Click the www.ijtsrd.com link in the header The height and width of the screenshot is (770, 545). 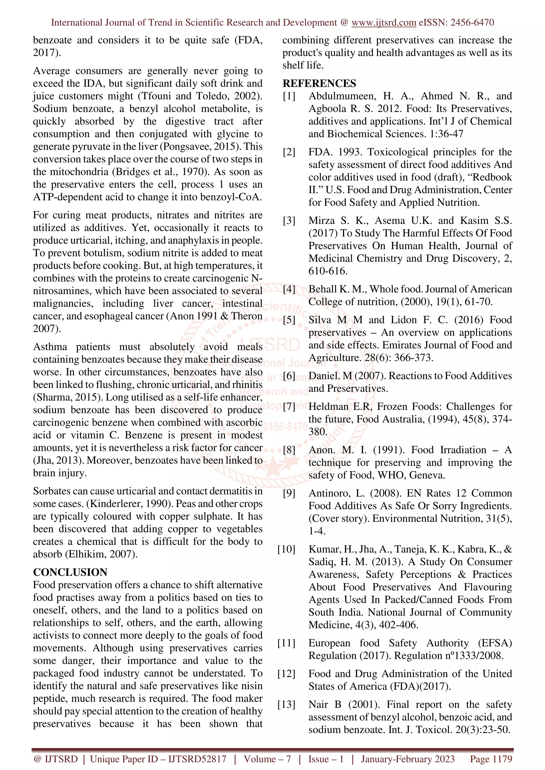383,23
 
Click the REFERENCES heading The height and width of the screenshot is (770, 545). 319,83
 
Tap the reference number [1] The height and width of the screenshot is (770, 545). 289,96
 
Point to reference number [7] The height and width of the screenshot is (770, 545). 289,407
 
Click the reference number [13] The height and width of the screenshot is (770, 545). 286,705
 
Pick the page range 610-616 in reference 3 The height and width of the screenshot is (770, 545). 328,271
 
